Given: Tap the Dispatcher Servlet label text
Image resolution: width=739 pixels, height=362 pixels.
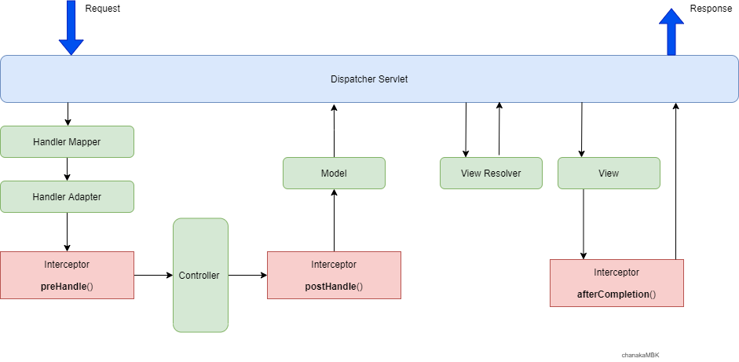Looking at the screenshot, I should pos(369,79).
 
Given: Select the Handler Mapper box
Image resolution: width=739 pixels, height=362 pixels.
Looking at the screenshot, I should pos(67,142).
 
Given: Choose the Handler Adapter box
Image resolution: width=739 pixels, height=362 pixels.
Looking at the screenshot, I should pos(67,197).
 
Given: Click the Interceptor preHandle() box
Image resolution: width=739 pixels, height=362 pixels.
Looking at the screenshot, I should pos(67,275).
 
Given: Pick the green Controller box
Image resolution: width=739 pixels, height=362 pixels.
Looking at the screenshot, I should pos(200,275).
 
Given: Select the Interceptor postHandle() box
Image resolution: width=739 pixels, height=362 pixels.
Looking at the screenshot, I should pos(334,275).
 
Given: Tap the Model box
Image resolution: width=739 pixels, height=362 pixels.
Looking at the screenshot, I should pos(334,173).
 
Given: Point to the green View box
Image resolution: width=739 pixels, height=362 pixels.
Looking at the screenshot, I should pos(609,173).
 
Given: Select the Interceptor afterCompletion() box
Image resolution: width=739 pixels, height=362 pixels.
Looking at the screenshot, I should pos(616,283).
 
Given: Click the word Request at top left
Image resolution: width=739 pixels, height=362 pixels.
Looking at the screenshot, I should pos(103,9).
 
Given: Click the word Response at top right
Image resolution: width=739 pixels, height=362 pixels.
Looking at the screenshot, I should pos(710,9).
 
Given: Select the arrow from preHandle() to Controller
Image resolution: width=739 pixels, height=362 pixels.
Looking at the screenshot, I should pos(153,276).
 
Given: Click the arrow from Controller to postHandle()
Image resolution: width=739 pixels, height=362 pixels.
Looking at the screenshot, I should pos(247,276).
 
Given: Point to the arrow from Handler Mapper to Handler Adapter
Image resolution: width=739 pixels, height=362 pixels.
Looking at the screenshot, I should pos(68,169).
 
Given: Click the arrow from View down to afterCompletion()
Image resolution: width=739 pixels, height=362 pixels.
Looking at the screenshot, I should pos(583,224).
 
